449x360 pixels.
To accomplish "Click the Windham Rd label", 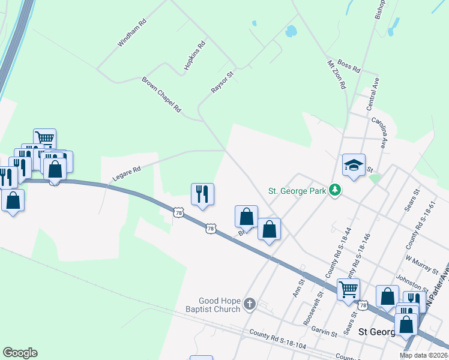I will click(x=132, y=34).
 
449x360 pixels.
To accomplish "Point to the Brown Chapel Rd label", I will click(x=161, y=95).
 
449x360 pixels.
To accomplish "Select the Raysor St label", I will click(x=221, y=82).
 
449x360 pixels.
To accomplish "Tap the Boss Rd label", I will click(x=349, y=66).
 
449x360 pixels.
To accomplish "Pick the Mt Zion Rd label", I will click(x=336, y=74).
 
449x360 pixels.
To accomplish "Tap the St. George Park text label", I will click(x=297, y=191).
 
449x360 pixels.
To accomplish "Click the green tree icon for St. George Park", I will click(x=335, y=191).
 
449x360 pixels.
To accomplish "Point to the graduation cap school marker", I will click(x=354, y=165).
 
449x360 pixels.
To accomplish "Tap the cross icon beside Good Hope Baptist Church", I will click(x=250, y=305).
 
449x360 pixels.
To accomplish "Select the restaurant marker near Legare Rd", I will click(x=202, y=194).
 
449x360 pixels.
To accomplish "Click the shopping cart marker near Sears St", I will click(x=348, y=289).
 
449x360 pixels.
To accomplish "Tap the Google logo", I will click(x=20, y=353).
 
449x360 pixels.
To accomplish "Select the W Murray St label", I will click(x=418, y=263).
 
